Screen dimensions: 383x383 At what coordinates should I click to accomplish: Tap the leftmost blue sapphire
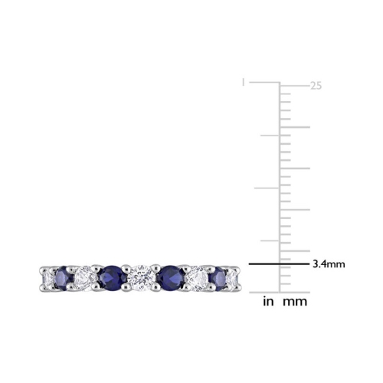click(58, 273)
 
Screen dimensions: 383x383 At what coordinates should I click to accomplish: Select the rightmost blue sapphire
click(222, 273)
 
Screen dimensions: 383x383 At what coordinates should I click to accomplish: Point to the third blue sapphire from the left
click(169, 273)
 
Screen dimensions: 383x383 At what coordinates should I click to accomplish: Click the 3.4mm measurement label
click(328, 264)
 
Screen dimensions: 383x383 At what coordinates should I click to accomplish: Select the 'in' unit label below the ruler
click(268, 302)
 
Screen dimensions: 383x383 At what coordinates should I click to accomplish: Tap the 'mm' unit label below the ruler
click(296, 302)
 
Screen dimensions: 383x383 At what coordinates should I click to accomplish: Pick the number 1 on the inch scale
click(244, 80)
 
